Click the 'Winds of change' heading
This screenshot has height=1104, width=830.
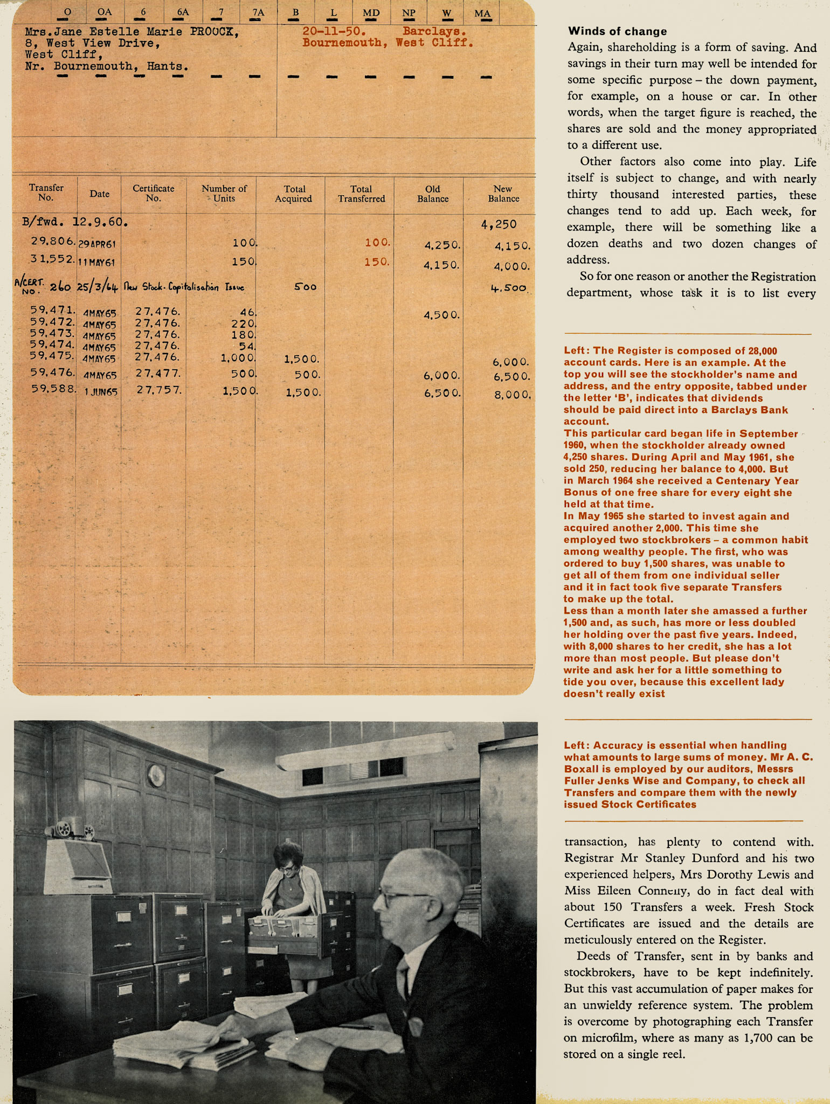click(x=617, y=31)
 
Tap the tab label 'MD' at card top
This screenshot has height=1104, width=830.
click(x=371, y=13)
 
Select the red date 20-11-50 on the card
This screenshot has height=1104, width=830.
click(x=334, y=31)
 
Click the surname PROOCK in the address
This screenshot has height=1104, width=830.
click(x=214, y=32)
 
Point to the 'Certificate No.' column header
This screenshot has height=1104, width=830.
click(x=154, y=194)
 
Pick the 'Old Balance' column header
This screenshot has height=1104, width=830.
click(x=432, y=194)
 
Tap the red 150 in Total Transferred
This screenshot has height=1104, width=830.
click(x=377, y=262)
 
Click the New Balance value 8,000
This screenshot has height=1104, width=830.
click(x=512, y=395)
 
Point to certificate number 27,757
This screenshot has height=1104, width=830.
click(x=158, y=390)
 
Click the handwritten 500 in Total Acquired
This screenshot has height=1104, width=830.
click(x=305, y=287)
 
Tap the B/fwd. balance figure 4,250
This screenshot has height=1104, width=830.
click(x=499, y=224)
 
